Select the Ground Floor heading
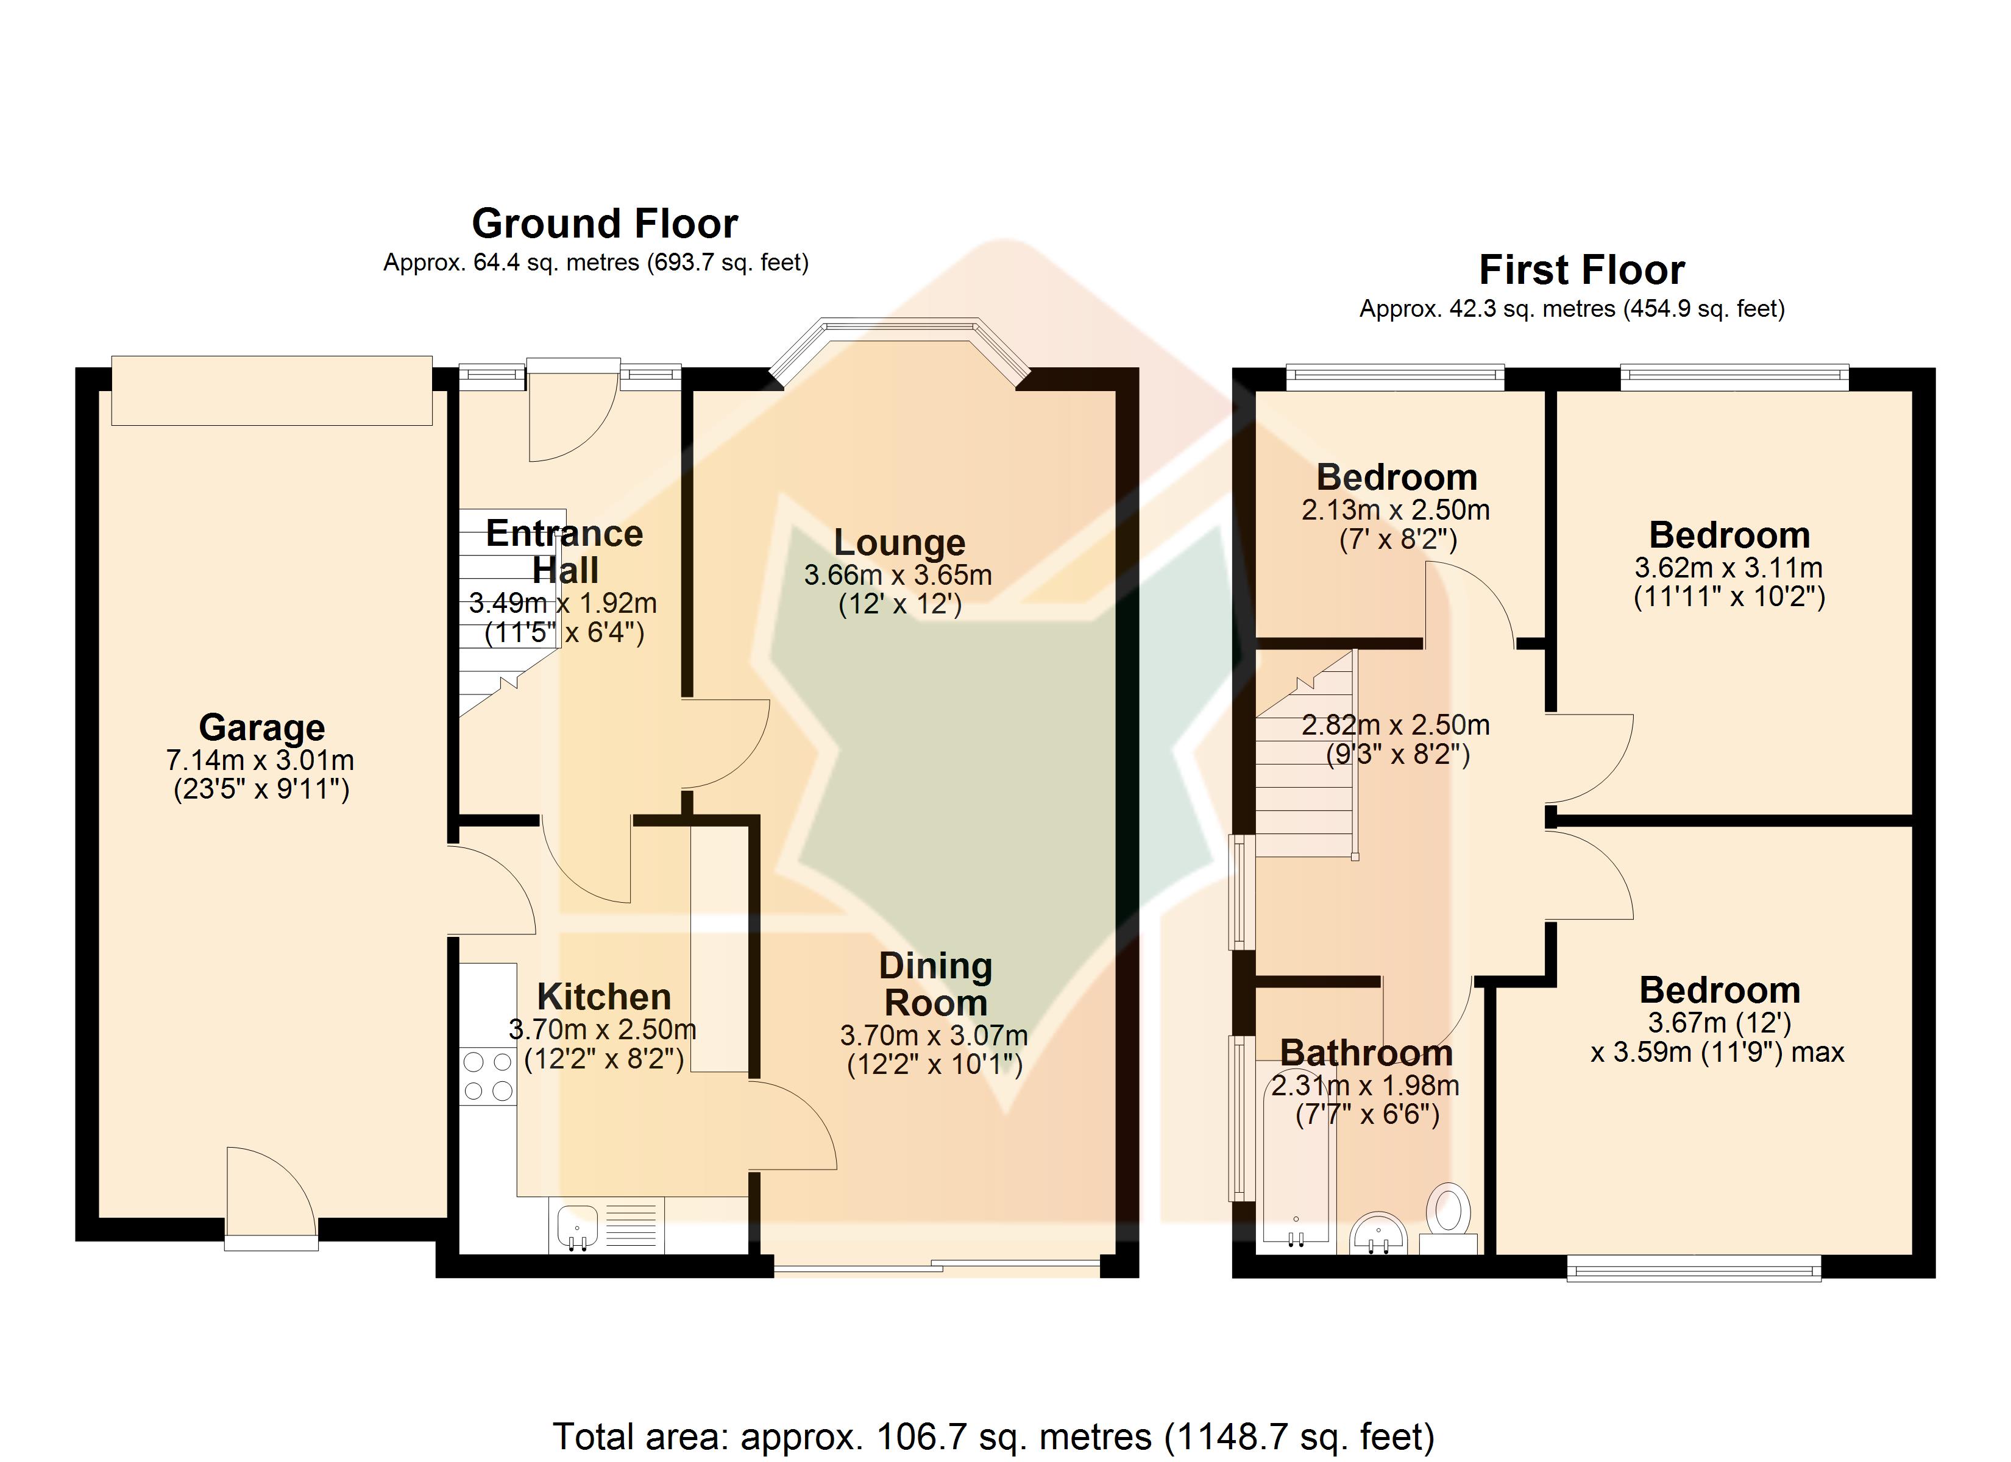(x=605, y=224)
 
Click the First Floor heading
(x=1582, y=269)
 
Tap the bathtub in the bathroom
(x=1296, y=1157)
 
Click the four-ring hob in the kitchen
(x=488, y=1076)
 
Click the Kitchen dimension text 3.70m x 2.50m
(x=603, y=1029)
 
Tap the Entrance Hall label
(x=565, y=551)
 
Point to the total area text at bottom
(x=993, y=1436)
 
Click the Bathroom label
(x=1366, y=1053)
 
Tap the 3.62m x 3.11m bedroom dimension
(x=1728, y=568)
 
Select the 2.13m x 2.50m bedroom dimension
(x=1396, y=510)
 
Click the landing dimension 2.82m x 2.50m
(x=1396, y=726)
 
